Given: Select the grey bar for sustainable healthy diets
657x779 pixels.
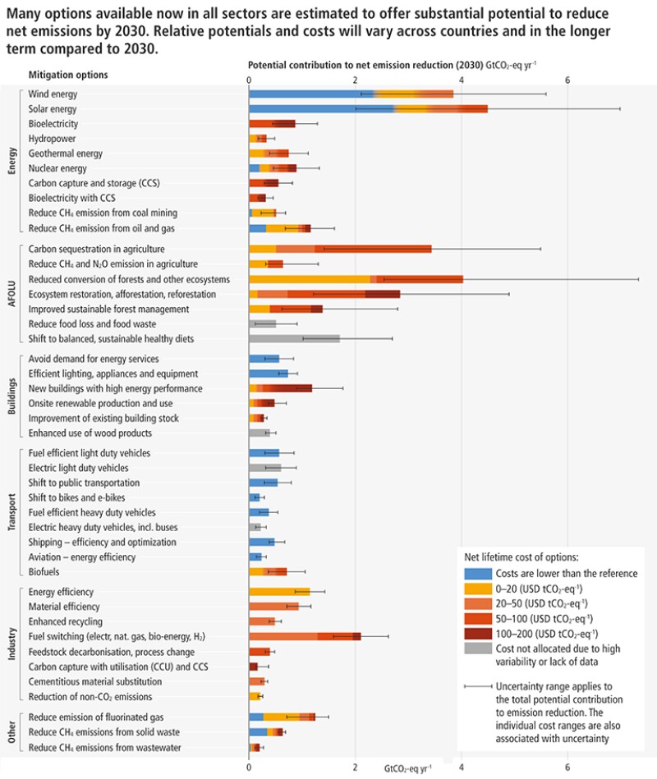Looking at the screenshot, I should [x=294, y=338].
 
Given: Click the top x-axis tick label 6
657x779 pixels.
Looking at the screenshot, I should [x=567, y=80].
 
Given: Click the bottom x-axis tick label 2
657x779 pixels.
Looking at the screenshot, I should [x=355, y=768].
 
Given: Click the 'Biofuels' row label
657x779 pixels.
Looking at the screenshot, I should [x=44, y=571].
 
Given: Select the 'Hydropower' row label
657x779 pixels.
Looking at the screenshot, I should [x=53, y=139].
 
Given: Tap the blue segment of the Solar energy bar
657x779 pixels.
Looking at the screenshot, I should [x=320, y=109].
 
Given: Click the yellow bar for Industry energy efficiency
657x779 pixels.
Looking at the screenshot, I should [x=279, y=591].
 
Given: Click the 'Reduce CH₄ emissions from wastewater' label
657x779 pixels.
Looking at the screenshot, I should [x=104, y=747].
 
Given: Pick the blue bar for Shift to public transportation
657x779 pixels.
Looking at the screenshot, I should [x=263, y=483].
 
